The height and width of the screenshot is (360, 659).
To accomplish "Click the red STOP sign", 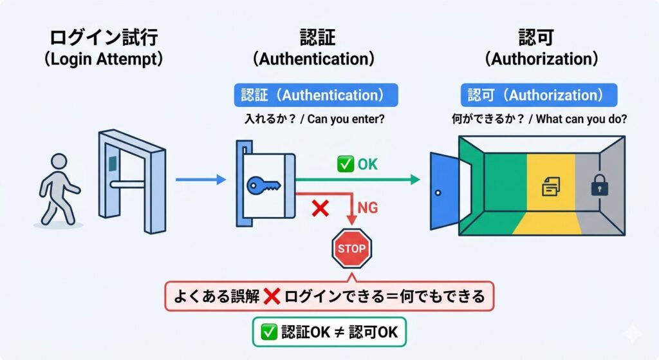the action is pos(352,248).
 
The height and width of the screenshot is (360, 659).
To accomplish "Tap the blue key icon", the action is pos(263,185).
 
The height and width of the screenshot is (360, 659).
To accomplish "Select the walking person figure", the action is pos(59,189).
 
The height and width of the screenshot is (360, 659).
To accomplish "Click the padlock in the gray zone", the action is pos(599,185).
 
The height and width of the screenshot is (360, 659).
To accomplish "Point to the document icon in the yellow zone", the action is pos(551,186).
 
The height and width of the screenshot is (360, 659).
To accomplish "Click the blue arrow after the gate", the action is pos(201,180).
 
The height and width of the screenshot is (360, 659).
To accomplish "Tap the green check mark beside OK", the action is pos(346,164).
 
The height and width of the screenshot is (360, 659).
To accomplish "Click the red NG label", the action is pos(367,208).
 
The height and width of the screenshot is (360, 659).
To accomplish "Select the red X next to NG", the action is pos(320,208).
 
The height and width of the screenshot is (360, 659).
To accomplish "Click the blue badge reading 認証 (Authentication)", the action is pos(316,95).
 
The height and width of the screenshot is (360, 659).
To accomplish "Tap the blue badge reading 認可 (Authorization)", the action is pos(539,95).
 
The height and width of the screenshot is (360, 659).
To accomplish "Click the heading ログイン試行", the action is pos(104,37).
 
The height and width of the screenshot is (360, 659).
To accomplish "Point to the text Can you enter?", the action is pos(346,119).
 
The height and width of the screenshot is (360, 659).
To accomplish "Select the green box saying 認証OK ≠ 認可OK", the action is pos(329,332).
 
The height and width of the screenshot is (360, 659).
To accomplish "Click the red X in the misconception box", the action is pos(272,296).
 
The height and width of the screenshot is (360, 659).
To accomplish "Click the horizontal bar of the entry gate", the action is pos(127,184).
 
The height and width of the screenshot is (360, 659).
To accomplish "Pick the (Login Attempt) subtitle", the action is pos(104,59).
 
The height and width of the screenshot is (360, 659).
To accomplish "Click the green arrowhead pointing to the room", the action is pos(415,180).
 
